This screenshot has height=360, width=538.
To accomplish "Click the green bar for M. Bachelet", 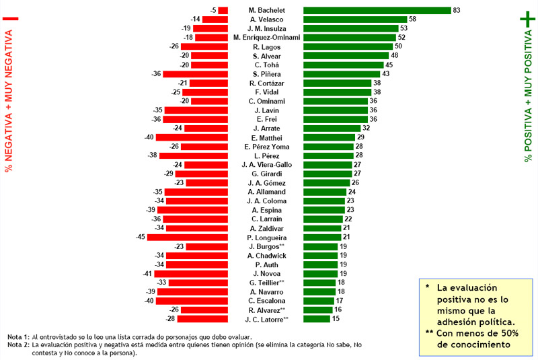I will (377, 10).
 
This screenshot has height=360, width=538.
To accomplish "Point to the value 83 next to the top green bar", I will (457, 10).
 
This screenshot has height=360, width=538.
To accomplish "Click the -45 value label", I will (141, 238).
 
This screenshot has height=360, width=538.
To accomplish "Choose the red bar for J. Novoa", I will (191, 274).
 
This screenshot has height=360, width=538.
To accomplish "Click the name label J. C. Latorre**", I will (267, 319).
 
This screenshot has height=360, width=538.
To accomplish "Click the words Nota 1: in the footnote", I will (18, 336).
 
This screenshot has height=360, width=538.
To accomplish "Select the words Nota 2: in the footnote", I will (18, 345).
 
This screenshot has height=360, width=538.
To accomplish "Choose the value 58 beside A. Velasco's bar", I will (412, 20).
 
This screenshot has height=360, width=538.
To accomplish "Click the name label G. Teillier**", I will (267, 283).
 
